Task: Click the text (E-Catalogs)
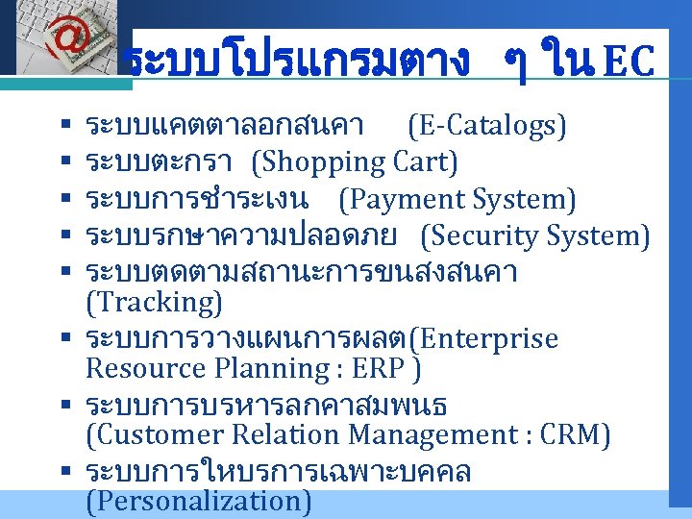coord(487,125)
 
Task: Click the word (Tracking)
coord(154,303)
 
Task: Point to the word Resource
coord(145,369)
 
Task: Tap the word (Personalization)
coord(198,501)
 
